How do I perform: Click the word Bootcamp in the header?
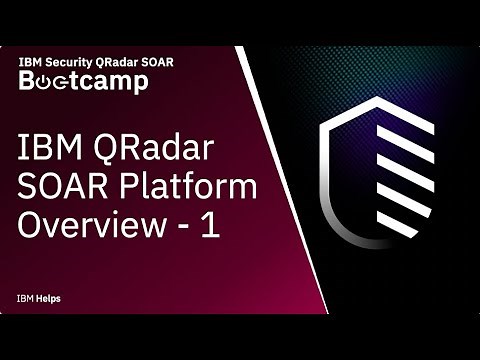(x=84, y=81)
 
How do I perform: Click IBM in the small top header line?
(x=30, y=61)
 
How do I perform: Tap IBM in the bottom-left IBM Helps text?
(x=24, y=299)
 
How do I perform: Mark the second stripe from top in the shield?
(x=409, y=150)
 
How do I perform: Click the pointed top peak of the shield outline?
(x=376, y=99)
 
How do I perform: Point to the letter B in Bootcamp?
(x=28, y=81)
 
